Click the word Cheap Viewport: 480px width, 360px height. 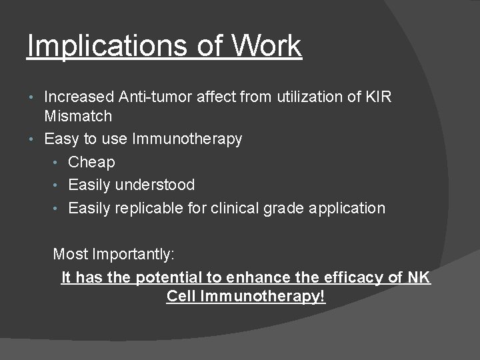coord(91,162)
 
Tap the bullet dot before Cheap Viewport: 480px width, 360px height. coord(59,163)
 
